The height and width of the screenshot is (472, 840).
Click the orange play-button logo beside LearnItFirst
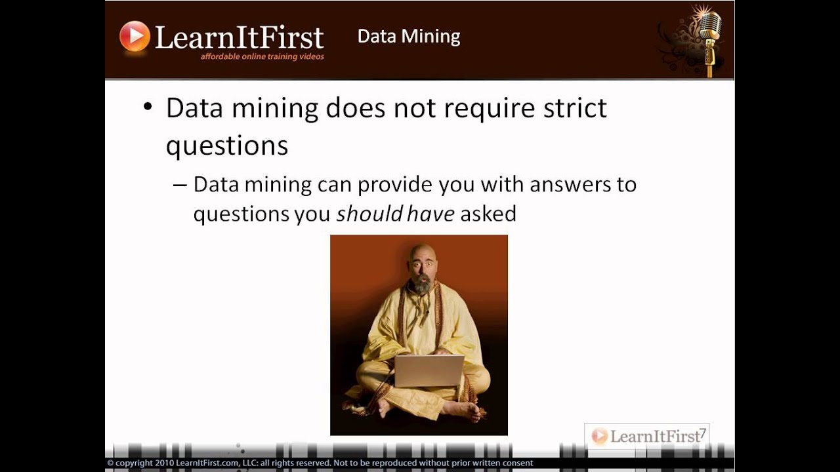135,36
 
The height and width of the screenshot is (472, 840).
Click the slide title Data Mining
408,36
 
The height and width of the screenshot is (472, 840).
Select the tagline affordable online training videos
262,57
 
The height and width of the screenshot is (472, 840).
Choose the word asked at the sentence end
488,213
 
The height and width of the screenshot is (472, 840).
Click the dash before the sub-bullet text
180,186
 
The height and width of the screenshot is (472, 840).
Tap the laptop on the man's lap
429,370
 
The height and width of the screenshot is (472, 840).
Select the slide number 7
702,433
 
